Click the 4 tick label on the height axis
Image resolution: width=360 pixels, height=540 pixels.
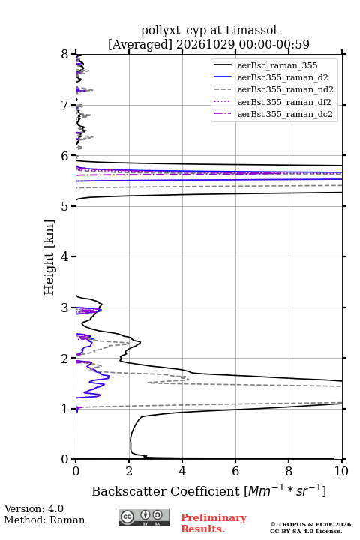tap(64, 256)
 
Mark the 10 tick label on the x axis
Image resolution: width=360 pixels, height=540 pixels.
tap(341, 471)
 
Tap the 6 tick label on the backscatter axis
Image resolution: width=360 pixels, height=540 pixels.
tap(235, 471)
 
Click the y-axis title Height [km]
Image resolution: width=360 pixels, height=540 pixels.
tap(49, 257)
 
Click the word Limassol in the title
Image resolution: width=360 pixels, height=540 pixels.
tap(251, 31)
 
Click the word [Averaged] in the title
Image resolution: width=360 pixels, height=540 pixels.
tap(139, 45)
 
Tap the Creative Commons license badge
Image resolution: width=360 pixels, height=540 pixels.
tap(144, 518)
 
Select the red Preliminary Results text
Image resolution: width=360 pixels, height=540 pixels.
tap(214, 523)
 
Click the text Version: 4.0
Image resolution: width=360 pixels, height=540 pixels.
tap(34, 509)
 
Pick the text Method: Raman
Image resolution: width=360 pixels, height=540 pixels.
tap(44, 520)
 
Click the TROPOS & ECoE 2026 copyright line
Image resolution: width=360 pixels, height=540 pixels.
tap(311, 524)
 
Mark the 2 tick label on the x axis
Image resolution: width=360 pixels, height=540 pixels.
tap(129, 471)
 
